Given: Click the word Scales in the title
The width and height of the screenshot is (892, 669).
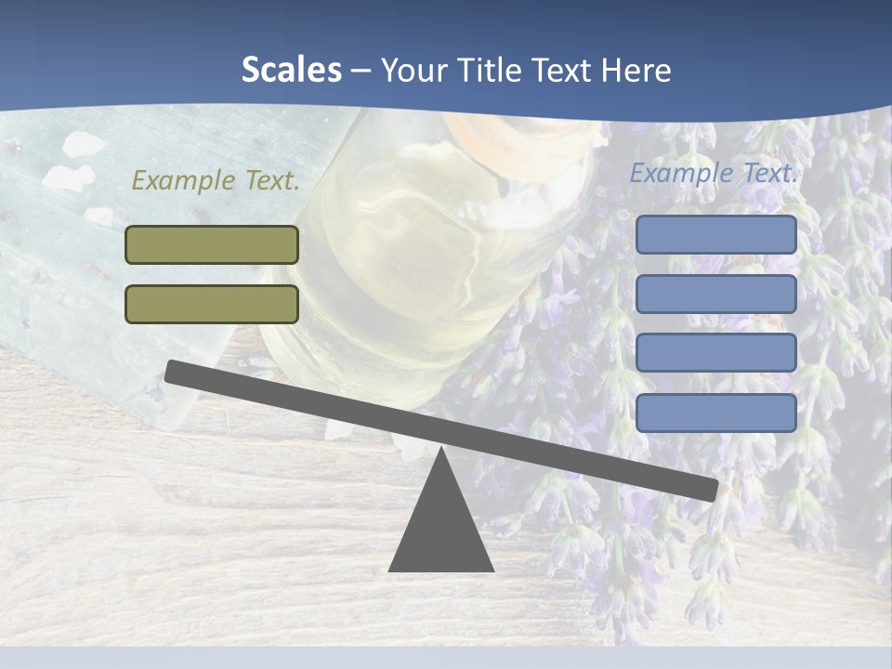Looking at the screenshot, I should pyautogui.click(x=291, y=71).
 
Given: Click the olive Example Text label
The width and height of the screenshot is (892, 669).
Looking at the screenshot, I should pyautogui.click(x=216, y=181).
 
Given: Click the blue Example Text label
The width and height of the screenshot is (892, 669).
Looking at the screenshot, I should pyautogui.click(x=714, y=173).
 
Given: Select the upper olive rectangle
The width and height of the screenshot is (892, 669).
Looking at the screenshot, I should pyautogui.click(x=212, y=245).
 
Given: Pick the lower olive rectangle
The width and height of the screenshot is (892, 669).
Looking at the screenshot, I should pyautogui.click(x=212, y=305).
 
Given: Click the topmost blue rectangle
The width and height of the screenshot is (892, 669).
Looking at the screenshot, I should pyautogui.click(x=715, y=235).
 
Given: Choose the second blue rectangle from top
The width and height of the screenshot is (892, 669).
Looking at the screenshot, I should pyautogui.click(x=715, y=295).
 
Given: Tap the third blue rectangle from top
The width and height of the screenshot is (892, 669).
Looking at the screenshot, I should pyautogui.click(x=715, y=353).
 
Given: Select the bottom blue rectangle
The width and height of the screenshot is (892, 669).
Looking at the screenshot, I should pyautogui.click(x=715, y=413).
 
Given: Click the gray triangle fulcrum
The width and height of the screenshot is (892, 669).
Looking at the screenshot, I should pyautogui.click(x=440, y=530).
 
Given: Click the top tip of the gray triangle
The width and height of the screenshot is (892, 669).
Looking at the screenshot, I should pyautogui.click(x=440, y=452).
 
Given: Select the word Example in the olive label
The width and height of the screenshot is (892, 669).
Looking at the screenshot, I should pyautogui.click(x=183, y=181).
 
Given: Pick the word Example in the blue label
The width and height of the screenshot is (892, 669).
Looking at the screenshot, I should pyautogui.click(x=681, y=173).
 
